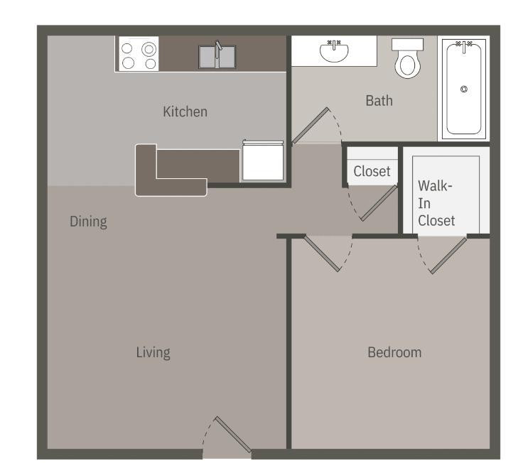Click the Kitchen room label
pos(185,111)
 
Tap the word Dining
pos(88,222)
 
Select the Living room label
pos(153,352)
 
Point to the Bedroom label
pos(394,352)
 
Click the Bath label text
pos(379,101)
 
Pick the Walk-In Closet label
pos(436,203)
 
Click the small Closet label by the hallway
pos(372,171)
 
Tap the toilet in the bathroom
pos(407,60)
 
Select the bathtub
pos(464,89)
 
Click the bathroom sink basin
pos(333,50)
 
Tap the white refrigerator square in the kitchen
pos(263,161)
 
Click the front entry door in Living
pos(232,435)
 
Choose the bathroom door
pos(310,126)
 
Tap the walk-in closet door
pos(448,255)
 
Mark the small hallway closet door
pos(379,203)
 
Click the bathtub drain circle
pos(464,89)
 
